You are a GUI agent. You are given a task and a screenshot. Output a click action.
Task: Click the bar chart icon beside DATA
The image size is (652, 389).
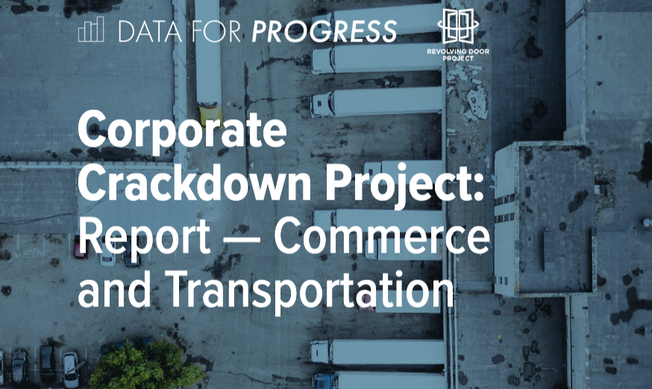[x=91, y=31]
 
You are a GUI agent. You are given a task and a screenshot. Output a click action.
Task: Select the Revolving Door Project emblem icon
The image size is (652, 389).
[x=457, y=27]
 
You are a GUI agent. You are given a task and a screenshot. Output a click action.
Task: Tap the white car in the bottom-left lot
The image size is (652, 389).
[x=70, y=366]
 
